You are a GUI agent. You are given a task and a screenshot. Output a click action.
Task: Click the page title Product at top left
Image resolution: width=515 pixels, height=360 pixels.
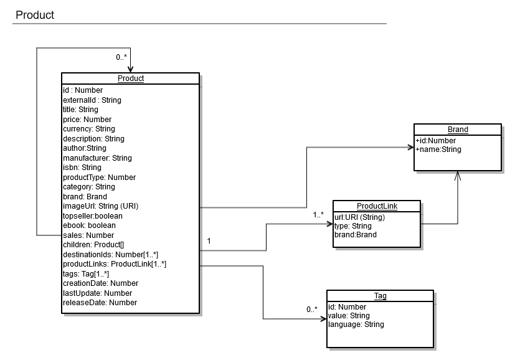[35, 15]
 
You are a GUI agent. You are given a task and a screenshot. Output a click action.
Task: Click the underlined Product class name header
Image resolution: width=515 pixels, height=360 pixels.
[130, 78]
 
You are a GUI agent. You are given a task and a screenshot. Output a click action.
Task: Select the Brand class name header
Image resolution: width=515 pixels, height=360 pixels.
[458, 130]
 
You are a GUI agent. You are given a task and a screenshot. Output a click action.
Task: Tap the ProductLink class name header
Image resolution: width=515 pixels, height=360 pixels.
[377, 206]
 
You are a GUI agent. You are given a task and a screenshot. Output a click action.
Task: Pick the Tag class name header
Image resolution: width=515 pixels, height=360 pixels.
[380, 296]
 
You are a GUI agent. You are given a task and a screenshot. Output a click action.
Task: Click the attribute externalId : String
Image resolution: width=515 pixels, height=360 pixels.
[92, 100]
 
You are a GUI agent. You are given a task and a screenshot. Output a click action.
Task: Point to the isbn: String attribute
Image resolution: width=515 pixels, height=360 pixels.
[82, 168]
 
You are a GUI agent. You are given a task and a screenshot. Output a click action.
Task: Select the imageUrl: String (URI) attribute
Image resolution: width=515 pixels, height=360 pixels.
[100, 206]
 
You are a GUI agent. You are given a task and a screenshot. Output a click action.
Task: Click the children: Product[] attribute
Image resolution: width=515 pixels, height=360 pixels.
[93, 245]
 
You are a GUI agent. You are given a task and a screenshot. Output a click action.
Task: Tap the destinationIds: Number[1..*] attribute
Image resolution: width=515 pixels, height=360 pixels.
[110, 255]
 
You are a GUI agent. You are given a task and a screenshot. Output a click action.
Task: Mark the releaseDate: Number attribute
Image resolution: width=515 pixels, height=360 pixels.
[100, 303]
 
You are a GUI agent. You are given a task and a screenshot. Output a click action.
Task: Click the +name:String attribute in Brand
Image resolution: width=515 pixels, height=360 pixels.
[438, 149]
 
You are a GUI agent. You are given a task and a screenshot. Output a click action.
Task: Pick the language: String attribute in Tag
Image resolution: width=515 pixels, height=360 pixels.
[356, 324]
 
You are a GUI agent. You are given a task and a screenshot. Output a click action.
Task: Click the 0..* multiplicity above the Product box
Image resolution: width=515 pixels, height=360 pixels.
[122, 57]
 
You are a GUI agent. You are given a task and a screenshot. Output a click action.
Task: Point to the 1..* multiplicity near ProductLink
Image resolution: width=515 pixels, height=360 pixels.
[318, 215]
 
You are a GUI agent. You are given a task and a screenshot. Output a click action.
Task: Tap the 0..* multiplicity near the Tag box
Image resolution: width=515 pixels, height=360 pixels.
[311, 310]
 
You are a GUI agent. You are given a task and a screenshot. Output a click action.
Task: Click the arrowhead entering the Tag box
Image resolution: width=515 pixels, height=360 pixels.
[323, 320]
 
